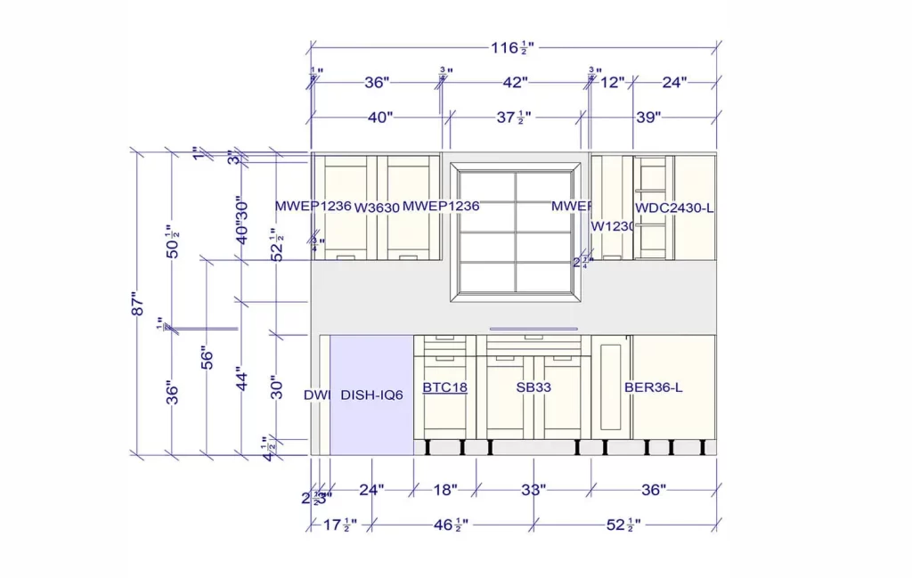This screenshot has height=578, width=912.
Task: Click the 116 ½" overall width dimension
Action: pos(517,47)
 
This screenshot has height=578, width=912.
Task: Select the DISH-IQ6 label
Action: pos(371,395)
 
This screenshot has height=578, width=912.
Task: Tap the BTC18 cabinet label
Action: pos(444,387)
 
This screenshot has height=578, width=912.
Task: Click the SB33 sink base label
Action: pos(532,387)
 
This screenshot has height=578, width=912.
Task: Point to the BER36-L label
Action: pos(653,387)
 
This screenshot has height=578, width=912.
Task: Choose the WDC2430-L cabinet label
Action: pos(674,208)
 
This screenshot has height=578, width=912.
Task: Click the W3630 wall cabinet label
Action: pos(376,208)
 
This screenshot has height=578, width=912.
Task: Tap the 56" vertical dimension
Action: pos(208,357)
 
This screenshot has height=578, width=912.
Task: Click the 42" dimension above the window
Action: pos(514,83)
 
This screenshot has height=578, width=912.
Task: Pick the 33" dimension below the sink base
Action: pos(533,490)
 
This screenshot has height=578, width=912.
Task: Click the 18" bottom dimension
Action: pos(444,490)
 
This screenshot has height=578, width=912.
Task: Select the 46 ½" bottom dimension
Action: pos(451,525)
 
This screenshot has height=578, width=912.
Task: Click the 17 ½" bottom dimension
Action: pos(338,525)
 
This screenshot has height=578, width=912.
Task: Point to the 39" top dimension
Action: pos(648,117)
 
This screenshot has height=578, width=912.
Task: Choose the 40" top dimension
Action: pos(379,117)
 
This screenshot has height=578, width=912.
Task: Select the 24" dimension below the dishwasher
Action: pos(371,490)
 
